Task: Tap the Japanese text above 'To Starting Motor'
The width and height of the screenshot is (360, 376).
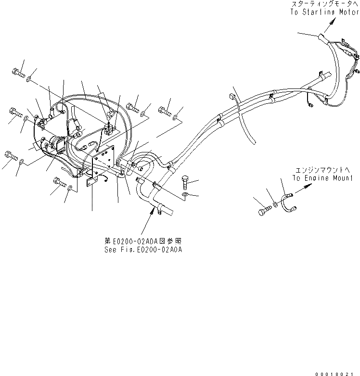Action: (325, 4)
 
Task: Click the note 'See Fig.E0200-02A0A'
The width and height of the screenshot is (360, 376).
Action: (144, 250)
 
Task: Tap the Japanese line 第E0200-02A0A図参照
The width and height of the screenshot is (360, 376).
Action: (144, 242)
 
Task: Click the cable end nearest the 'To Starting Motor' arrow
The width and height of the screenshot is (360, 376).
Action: (321, 35)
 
